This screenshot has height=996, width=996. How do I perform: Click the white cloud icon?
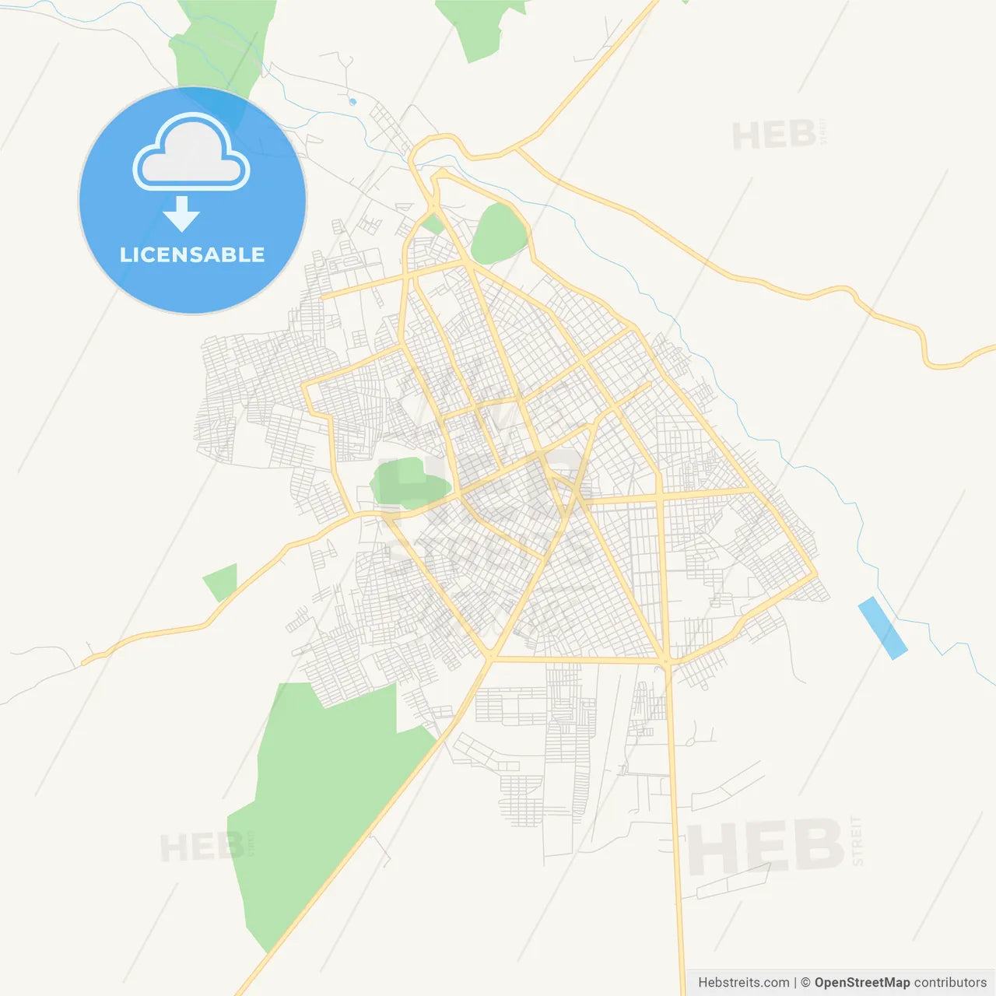click(191, 153)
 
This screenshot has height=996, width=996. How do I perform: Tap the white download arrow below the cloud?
click(181, 214)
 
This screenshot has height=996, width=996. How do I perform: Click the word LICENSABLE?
click(192, 254)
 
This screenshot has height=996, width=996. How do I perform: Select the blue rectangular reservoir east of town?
click(882, 627)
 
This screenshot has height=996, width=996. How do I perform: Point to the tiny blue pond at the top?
click(352, 101)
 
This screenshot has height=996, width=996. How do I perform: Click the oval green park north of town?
click(499, 233)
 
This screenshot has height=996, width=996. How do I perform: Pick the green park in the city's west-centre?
click(408, 482)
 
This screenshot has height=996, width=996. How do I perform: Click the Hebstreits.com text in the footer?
click(743, 983)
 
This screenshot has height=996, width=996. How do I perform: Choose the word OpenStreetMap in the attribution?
click(861, 983)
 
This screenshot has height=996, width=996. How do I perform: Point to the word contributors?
click(950, 983)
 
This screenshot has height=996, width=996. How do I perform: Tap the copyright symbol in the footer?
click(805, 983)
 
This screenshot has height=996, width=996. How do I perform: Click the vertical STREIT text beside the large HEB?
click(857, 840)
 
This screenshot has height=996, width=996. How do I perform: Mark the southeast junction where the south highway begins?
click(666, 661)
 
